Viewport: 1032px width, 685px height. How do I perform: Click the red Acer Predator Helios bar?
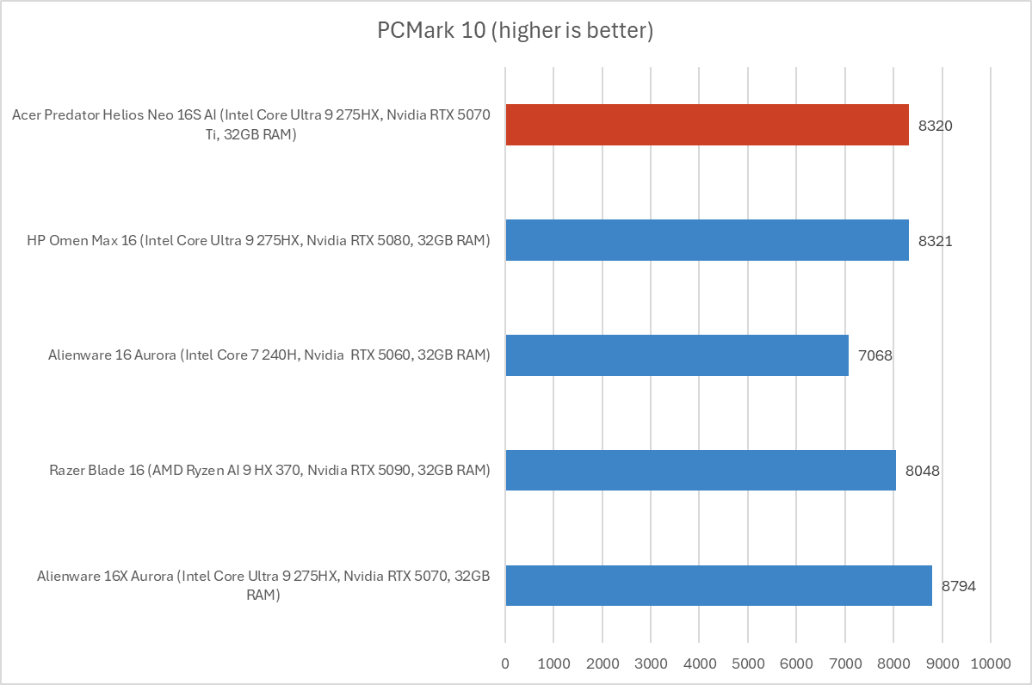pos(707,125)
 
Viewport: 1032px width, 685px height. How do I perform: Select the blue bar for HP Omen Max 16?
pos(707,240)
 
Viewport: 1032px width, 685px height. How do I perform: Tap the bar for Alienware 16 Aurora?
pos(677,355)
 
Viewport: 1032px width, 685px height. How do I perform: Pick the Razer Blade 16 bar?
pos(701,471)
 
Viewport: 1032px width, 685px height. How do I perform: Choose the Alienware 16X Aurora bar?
pos(719,586)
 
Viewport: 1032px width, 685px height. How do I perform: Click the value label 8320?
pos(935,126)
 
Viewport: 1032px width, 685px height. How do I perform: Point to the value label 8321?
pos(935,241)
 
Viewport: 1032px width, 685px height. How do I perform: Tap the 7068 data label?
pos(874,355)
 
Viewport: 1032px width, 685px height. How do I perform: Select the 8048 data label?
pos(922,471)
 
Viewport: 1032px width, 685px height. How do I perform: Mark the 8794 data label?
pos(958,586)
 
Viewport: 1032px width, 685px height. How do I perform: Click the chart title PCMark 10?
pos(516,31)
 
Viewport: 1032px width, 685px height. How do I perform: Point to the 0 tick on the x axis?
pos(505,664)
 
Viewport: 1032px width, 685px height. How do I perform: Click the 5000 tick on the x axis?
pos(748,664)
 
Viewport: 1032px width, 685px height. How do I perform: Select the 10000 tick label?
pos(990,664)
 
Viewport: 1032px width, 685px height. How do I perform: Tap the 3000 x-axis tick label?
pos(651,664)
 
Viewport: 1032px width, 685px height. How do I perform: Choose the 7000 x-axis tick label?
pos(845,664)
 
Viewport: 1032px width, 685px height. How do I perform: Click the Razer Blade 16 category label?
pos(269,471)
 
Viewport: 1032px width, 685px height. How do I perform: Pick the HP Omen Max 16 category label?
pos(259,241)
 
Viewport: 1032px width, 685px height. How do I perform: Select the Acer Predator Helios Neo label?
pos(252,126)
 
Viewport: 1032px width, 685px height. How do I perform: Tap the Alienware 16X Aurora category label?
pos(263,585)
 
